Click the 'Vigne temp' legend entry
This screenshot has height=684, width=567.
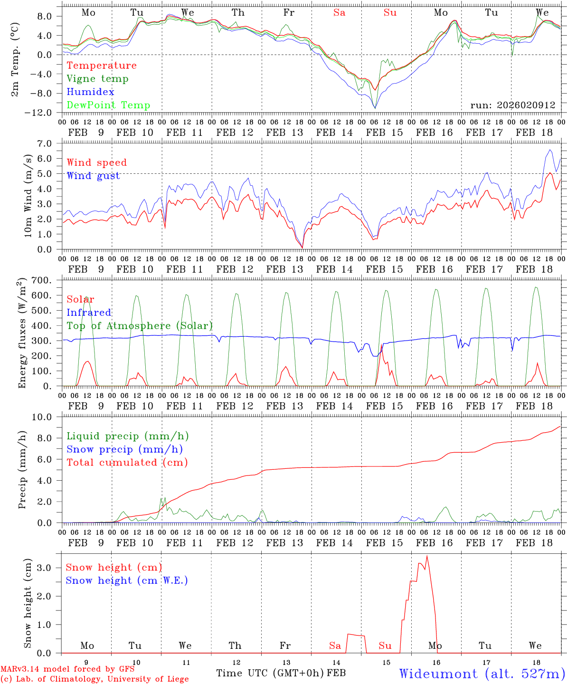click(x=97, y=79)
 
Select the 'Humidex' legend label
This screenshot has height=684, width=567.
click(x=90, y=92)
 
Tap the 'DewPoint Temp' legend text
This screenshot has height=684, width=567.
click(x=108, y=105)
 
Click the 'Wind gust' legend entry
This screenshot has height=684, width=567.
click(x=93, y=176)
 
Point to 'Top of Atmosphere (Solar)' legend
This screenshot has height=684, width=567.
click(x=139, y=326)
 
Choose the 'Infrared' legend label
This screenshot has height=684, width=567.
click(x=89, y=313)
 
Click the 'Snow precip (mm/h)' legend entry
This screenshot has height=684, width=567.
click(x=124, y=449)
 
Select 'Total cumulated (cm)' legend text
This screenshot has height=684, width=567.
click(x=127, y=463)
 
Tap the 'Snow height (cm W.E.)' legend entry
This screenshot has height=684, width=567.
click(x=127, y=580)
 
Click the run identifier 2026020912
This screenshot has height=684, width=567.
click(x=513, y=105)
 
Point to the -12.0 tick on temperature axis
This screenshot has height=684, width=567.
click(x=46, y=113)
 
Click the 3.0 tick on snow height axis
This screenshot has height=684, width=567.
click(x=50, y=568)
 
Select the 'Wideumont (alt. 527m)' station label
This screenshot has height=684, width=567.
click(x=482, y=674)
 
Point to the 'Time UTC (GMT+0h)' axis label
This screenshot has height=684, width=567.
click(x=270, y=673)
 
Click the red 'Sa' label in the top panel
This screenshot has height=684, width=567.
click(x=339, y=13)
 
